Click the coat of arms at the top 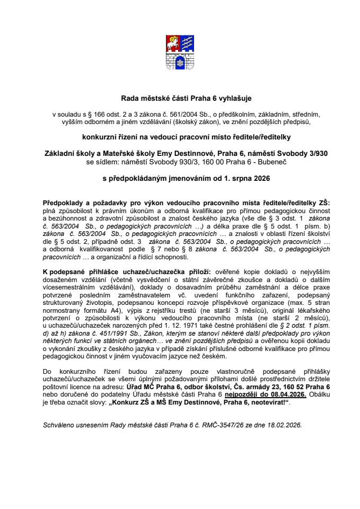click(180, 56)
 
